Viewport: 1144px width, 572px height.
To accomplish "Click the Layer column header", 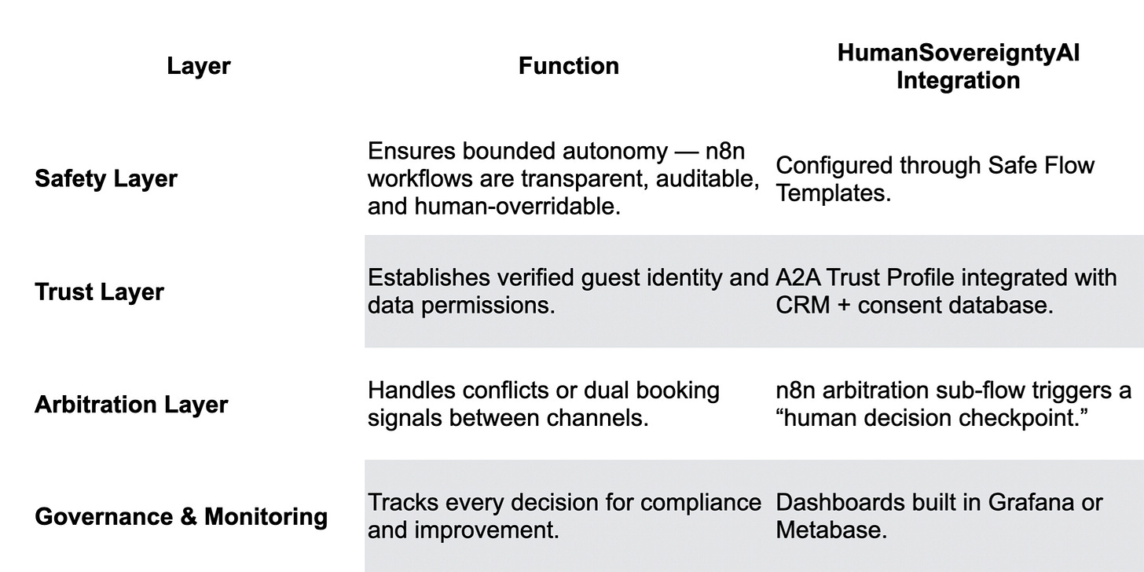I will (x=199, y=66).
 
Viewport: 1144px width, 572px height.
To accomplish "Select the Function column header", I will (x=568, y=66).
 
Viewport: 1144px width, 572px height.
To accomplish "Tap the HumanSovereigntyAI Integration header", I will (x=958, y=66).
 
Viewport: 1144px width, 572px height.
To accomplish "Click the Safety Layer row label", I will (x=106, y=179).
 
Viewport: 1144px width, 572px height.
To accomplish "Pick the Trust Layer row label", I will (x=99, y=292).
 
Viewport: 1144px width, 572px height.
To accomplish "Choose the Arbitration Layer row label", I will (x=131, y=405).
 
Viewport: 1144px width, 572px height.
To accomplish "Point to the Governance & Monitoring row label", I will (x=181, y=517).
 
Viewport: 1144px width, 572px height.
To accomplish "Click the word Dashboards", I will (x=833, y=503).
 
